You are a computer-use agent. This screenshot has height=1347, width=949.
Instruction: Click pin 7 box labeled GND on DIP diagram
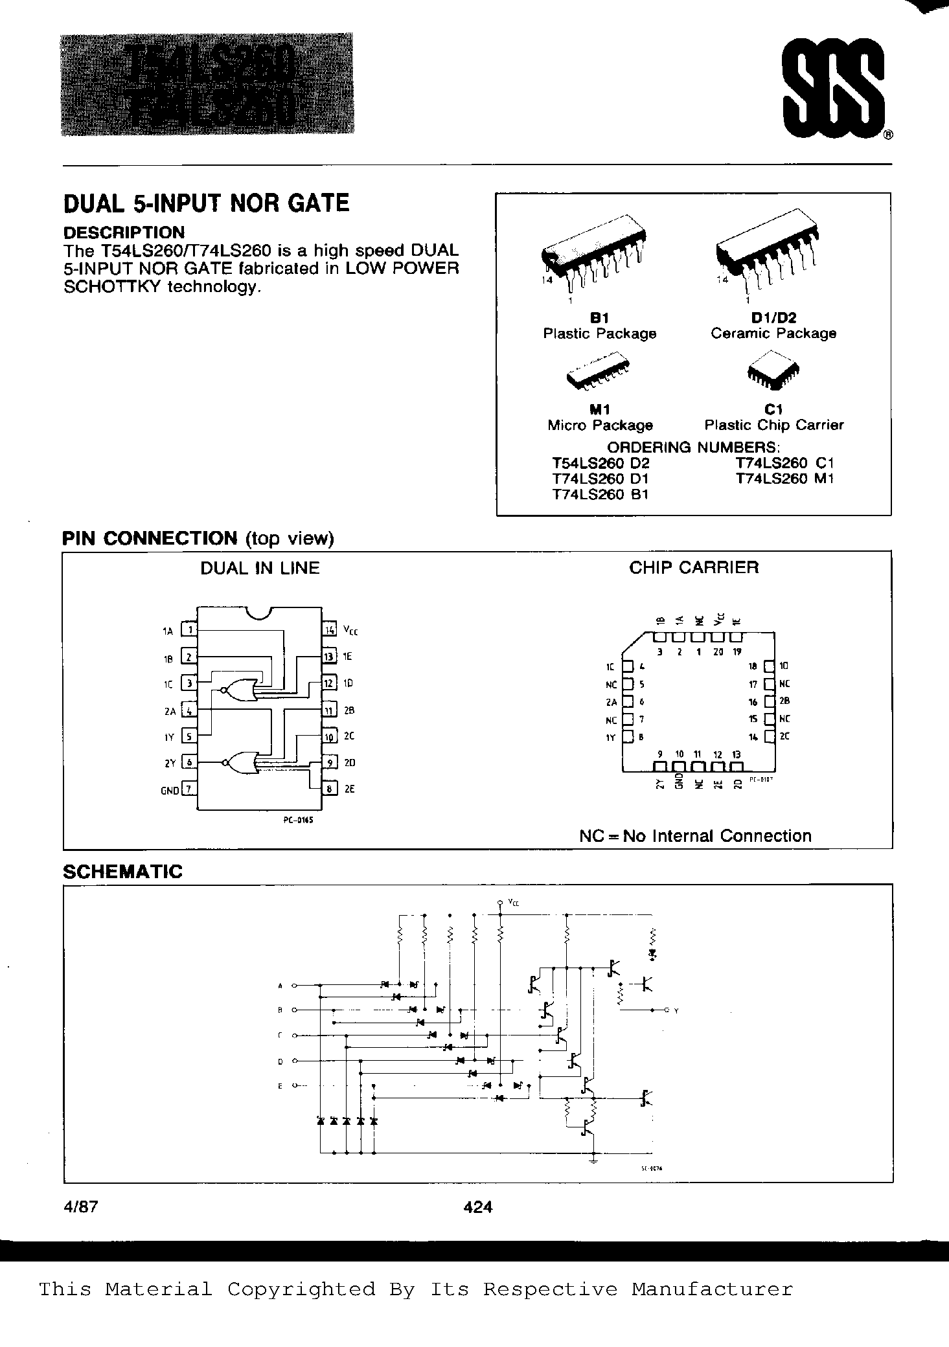189,789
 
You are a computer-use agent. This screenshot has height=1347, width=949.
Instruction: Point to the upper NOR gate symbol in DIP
238,691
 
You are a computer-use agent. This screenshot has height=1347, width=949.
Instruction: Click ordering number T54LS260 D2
600,463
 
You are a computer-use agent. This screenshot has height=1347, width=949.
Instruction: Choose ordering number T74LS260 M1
784,479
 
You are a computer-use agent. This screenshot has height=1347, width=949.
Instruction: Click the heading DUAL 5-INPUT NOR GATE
206,204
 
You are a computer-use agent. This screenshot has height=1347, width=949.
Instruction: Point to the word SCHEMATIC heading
122,871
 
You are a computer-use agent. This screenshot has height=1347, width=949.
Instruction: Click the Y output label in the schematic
676,1010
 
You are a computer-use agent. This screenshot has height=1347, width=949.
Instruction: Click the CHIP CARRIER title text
693,568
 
